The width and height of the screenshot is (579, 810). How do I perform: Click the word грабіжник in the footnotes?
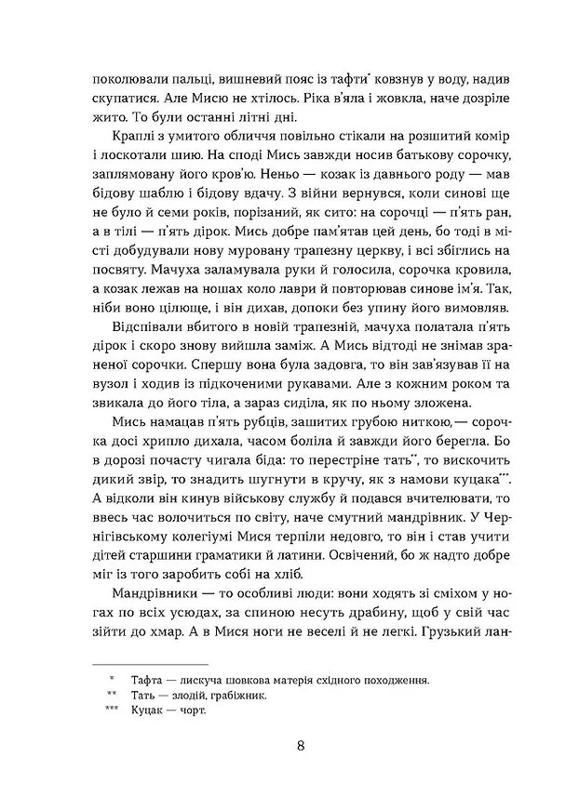coord(242,696)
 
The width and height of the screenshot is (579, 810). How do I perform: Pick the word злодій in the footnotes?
coord(197,696)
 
